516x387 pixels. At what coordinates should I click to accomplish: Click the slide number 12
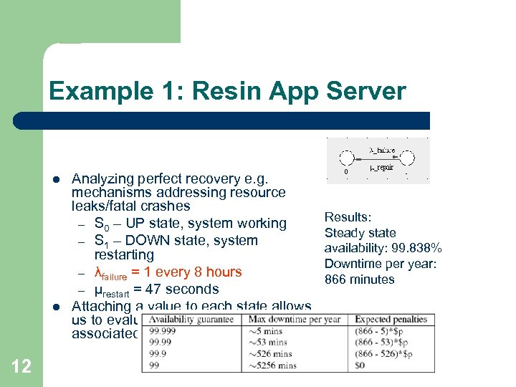(21, 366)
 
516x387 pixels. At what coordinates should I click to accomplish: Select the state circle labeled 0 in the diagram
(347, 159)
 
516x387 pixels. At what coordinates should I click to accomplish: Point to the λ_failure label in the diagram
(382, 150)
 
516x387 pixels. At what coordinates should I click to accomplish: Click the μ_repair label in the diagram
(382, 168)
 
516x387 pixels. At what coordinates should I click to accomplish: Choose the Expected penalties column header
(391, 320)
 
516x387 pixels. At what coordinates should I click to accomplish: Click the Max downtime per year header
(294, 320)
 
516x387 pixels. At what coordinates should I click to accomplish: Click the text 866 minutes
(360, 279)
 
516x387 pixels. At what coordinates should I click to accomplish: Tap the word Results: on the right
(348, 217)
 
